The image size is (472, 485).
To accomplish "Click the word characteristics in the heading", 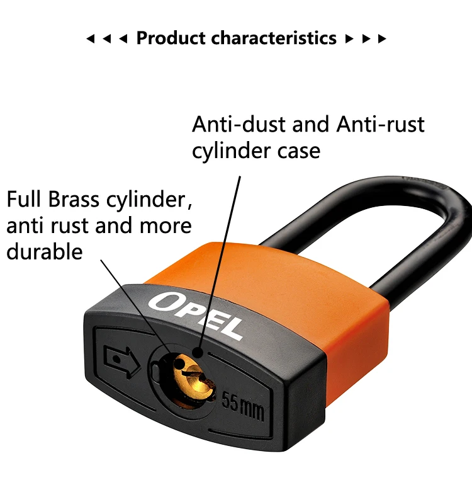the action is pyautogui.click(x=274, y=38).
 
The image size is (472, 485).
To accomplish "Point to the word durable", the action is pyautogui.click(x=44, y=251).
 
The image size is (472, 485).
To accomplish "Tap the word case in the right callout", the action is pyautogui.click(x=301, y=151).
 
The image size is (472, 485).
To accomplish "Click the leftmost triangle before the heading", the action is pyautogui.click(x=91, y=39).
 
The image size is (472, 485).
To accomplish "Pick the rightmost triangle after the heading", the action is pyautogui.click(x=381, y=39).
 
